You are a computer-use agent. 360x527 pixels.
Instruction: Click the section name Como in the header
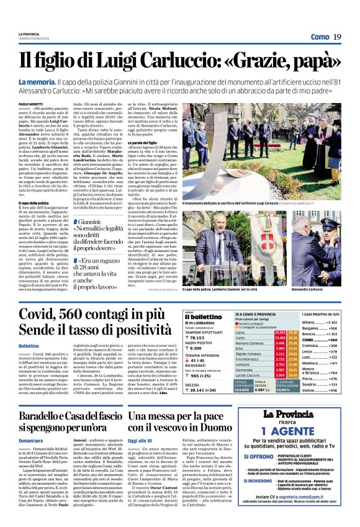pyautogui.click(x=320, y=37)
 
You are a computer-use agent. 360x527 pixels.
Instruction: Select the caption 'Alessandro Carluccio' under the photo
pyautogui.click(x=307, y=290)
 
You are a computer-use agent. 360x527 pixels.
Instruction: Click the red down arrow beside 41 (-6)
pyautogui.click(x=187, y=359)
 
